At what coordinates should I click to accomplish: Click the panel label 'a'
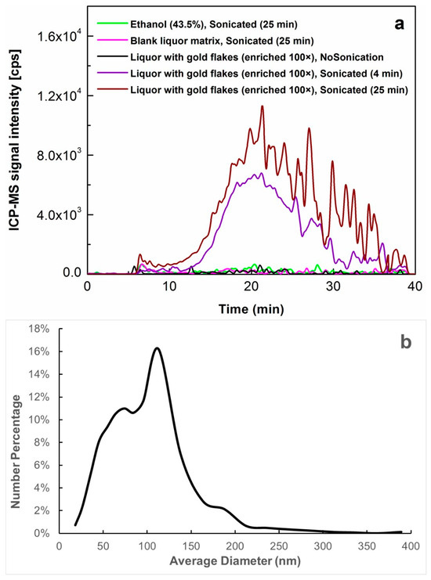[399, 24]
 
